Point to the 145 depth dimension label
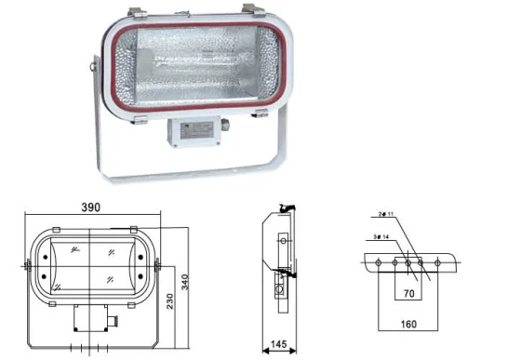pyautogui.click(x=277, y=345)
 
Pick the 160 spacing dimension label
pyautogui.click(x=407, y=325)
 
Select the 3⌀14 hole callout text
pyautogui.click(x=380, y=238)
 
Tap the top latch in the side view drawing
pyautogui.click(x=290, y=210)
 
